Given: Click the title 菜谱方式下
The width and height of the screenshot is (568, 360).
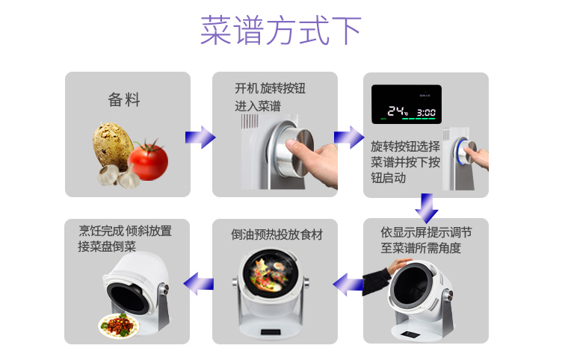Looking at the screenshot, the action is click(x=281, y=30).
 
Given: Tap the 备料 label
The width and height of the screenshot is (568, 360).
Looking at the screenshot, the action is click(x=124, y=99).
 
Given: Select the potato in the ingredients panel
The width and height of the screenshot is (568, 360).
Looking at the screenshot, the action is click(x=112, y=145).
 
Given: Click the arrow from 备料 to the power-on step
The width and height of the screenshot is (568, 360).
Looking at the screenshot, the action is click(x=200, y=137).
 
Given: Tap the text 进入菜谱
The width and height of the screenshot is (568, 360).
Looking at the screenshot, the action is click(x=258, y=106).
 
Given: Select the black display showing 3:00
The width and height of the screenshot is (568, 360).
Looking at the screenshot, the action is click(x=407, y=105).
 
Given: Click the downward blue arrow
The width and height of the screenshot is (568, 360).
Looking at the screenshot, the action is click(x=427, y=208).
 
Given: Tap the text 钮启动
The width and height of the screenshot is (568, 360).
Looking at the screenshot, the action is click(x=388, y=179).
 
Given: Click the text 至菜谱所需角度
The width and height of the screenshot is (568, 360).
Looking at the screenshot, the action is click(x=421, y=248).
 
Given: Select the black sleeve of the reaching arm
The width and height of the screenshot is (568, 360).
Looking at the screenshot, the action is click(x=376, y=281).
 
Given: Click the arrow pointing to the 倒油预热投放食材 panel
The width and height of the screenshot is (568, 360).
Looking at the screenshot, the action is click(x=348, y=285).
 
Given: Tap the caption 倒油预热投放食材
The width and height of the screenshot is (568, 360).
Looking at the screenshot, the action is click(x=277, y=235).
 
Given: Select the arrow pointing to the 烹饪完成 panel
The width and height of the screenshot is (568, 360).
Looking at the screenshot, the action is click(x=199, y=283).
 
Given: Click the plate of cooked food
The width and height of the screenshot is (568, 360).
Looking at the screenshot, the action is click(x=119, y=326).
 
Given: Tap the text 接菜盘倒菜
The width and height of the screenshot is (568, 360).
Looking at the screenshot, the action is click(x=107, y=246).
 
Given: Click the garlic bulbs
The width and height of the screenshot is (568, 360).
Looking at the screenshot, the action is click(x=118, y=176).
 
